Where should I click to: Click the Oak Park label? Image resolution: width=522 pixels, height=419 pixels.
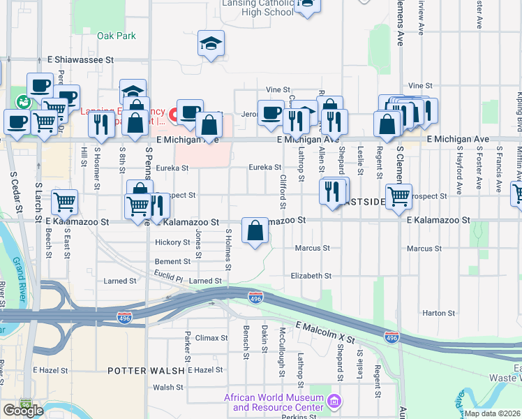pos(117,36)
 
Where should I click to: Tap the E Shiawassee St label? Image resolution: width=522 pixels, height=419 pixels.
pos(80,60)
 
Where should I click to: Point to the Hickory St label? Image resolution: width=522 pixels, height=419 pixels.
pos(172,242)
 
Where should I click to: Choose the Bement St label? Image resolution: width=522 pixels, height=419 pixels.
pos(172,261)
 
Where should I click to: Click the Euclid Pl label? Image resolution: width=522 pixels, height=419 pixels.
pos(168,277)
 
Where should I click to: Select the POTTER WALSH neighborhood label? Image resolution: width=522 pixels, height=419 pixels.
pos(145,370)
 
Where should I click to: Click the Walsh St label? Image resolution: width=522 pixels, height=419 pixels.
pos(167,387)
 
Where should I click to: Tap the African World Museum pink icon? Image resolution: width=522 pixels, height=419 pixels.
pos(334,401)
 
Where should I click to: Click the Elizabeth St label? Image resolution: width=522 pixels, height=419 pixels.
pos(311,276)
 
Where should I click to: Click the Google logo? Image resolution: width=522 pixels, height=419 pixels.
pos(23,410)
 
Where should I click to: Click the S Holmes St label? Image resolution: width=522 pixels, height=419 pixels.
pos(228,249)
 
